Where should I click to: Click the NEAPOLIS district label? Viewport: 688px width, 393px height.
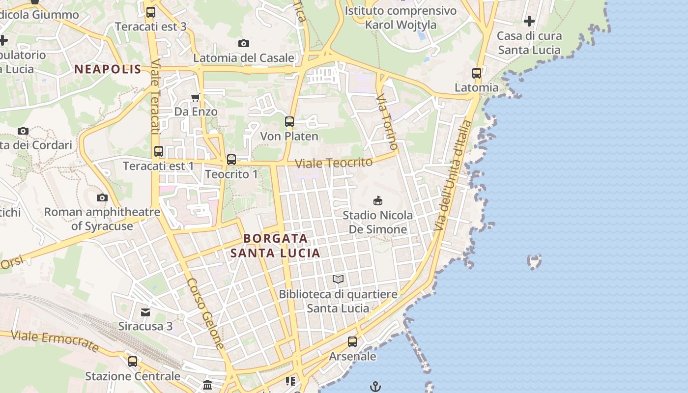(108, 69)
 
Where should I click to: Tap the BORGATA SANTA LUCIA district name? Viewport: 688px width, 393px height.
(276, 246)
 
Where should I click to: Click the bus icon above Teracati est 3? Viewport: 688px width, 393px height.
(151, 12)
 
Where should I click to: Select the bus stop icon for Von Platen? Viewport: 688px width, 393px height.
(289, 121)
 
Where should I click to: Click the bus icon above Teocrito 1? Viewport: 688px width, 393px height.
(231, 159)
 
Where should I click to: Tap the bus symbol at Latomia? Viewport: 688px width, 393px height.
(477, 73)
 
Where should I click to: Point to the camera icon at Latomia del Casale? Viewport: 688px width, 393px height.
(243, 44)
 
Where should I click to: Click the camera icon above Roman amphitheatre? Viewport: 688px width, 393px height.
(102, 197)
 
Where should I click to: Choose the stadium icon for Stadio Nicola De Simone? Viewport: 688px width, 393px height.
(378, 200)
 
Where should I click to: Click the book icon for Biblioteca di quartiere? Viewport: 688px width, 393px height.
(338, 280)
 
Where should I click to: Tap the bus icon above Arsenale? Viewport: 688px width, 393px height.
(352, 341)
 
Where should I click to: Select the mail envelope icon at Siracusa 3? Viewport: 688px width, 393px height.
(145, 312)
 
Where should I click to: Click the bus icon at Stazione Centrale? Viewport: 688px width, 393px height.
(133, 362)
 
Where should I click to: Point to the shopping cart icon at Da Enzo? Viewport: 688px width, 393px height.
(196, 97)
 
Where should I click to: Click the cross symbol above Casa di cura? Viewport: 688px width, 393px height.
(529, 21)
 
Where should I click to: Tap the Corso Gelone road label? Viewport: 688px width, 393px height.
(205, 313)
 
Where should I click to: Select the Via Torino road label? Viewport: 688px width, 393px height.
(387, 122)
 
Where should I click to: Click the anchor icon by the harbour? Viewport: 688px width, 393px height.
(375, 387)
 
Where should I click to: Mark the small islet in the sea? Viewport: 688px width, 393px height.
(534, 261)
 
